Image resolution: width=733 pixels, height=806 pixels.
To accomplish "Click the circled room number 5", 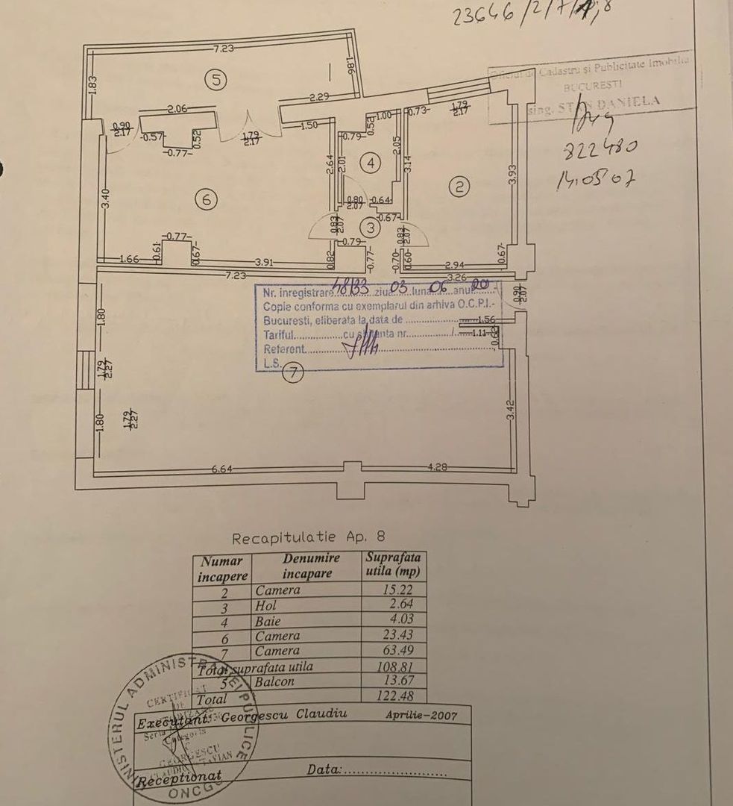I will click(216, 81).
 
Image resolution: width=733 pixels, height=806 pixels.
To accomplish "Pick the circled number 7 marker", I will click(295, 375).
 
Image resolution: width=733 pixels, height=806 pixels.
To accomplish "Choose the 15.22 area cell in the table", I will click(398, 590).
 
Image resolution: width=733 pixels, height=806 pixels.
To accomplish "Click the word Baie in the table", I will click(265, 620).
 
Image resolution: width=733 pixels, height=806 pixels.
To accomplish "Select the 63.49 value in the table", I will click(398, 651).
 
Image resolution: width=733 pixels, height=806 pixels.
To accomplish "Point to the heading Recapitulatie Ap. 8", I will click(309, 538).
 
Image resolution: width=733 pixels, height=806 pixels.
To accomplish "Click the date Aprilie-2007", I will click(421, 714).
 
